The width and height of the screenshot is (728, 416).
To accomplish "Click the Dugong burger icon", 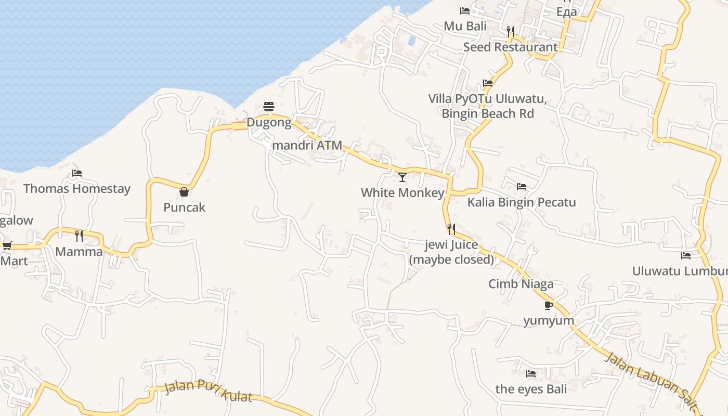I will point(269,107).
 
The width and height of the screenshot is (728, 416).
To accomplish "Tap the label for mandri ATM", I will point(307,145).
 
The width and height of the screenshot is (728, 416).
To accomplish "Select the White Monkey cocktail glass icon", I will point(402,177).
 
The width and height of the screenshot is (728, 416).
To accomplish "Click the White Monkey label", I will point(402,193).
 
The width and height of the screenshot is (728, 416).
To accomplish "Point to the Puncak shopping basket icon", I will point(184,192).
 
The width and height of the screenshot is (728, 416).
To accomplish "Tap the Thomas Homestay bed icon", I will point(77,173).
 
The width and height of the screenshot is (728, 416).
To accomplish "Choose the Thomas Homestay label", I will point(77,188).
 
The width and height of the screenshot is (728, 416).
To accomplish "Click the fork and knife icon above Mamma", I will point(79,236).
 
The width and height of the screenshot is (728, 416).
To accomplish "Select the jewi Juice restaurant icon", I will point(451,229).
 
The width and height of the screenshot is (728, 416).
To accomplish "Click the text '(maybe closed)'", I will point(451,259).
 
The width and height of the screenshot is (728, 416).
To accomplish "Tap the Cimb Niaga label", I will point(521,284).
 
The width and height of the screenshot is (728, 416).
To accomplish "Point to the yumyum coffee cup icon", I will point(548,305).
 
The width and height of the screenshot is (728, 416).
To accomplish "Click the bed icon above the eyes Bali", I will point(531,373).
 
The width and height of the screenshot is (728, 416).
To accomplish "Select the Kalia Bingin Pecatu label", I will point(522,202).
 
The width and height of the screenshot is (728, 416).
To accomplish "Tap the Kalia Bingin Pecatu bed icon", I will point(521,187).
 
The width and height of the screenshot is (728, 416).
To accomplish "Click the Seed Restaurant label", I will point(510,47).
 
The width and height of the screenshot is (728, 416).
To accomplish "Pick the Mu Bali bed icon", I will point(465,10).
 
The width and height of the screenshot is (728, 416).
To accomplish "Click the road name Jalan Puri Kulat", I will point(208,391).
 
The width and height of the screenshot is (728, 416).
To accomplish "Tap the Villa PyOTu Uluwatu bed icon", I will point(488,83).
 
